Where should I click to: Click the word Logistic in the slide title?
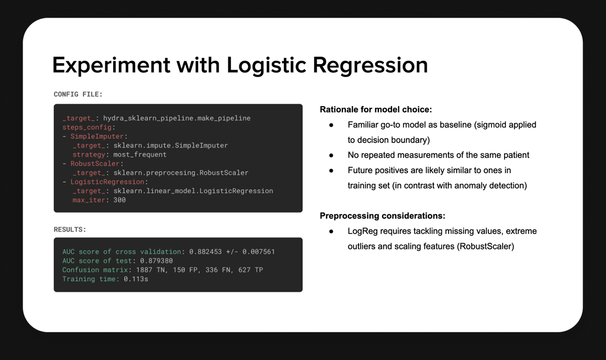coord(266,66)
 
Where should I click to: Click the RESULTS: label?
coord(70,229)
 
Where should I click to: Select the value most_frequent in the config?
coord(140,155)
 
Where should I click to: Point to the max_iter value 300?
coord(119,200)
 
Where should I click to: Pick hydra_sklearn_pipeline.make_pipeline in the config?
coord(177,118)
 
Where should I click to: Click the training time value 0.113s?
coord(137,279)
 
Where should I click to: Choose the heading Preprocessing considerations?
coord(382,216)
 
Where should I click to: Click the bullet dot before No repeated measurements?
coord(331,155)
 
